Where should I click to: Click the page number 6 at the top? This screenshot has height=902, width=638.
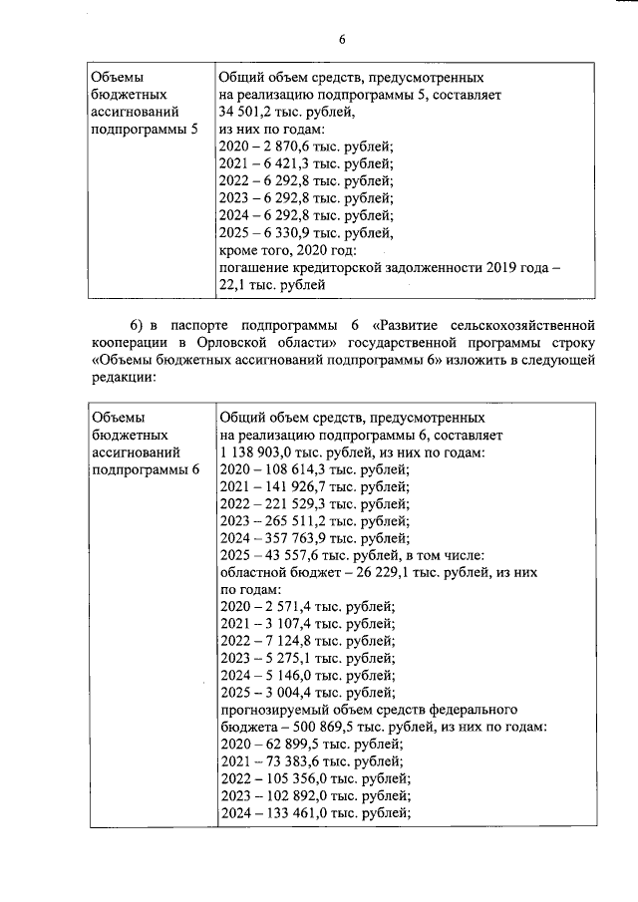(341, 39)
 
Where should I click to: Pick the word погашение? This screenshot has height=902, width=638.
(253, 268)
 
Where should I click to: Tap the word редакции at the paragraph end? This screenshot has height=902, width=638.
(123, 379)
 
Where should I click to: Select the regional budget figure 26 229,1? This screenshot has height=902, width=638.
(377, 573)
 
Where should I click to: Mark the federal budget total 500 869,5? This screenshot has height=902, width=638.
(318, 727)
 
